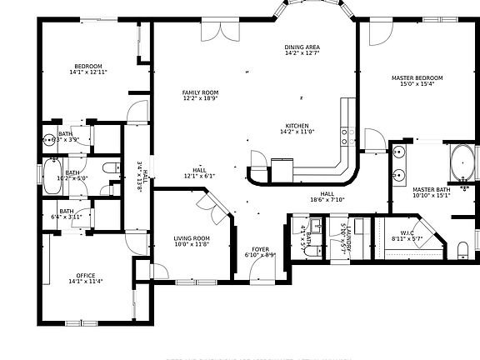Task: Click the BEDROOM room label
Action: [88, 66]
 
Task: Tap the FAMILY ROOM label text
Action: [200, 92]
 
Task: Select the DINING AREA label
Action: [302, 47]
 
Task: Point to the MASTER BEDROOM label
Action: [417, 77]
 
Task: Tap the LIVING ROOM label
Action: [191, 238]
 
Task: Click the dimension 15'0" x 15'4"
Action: [417, 84]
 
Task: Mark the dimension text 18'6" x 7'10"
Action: [327, 199]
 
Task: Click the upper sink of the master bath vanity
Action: [399, 153]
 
